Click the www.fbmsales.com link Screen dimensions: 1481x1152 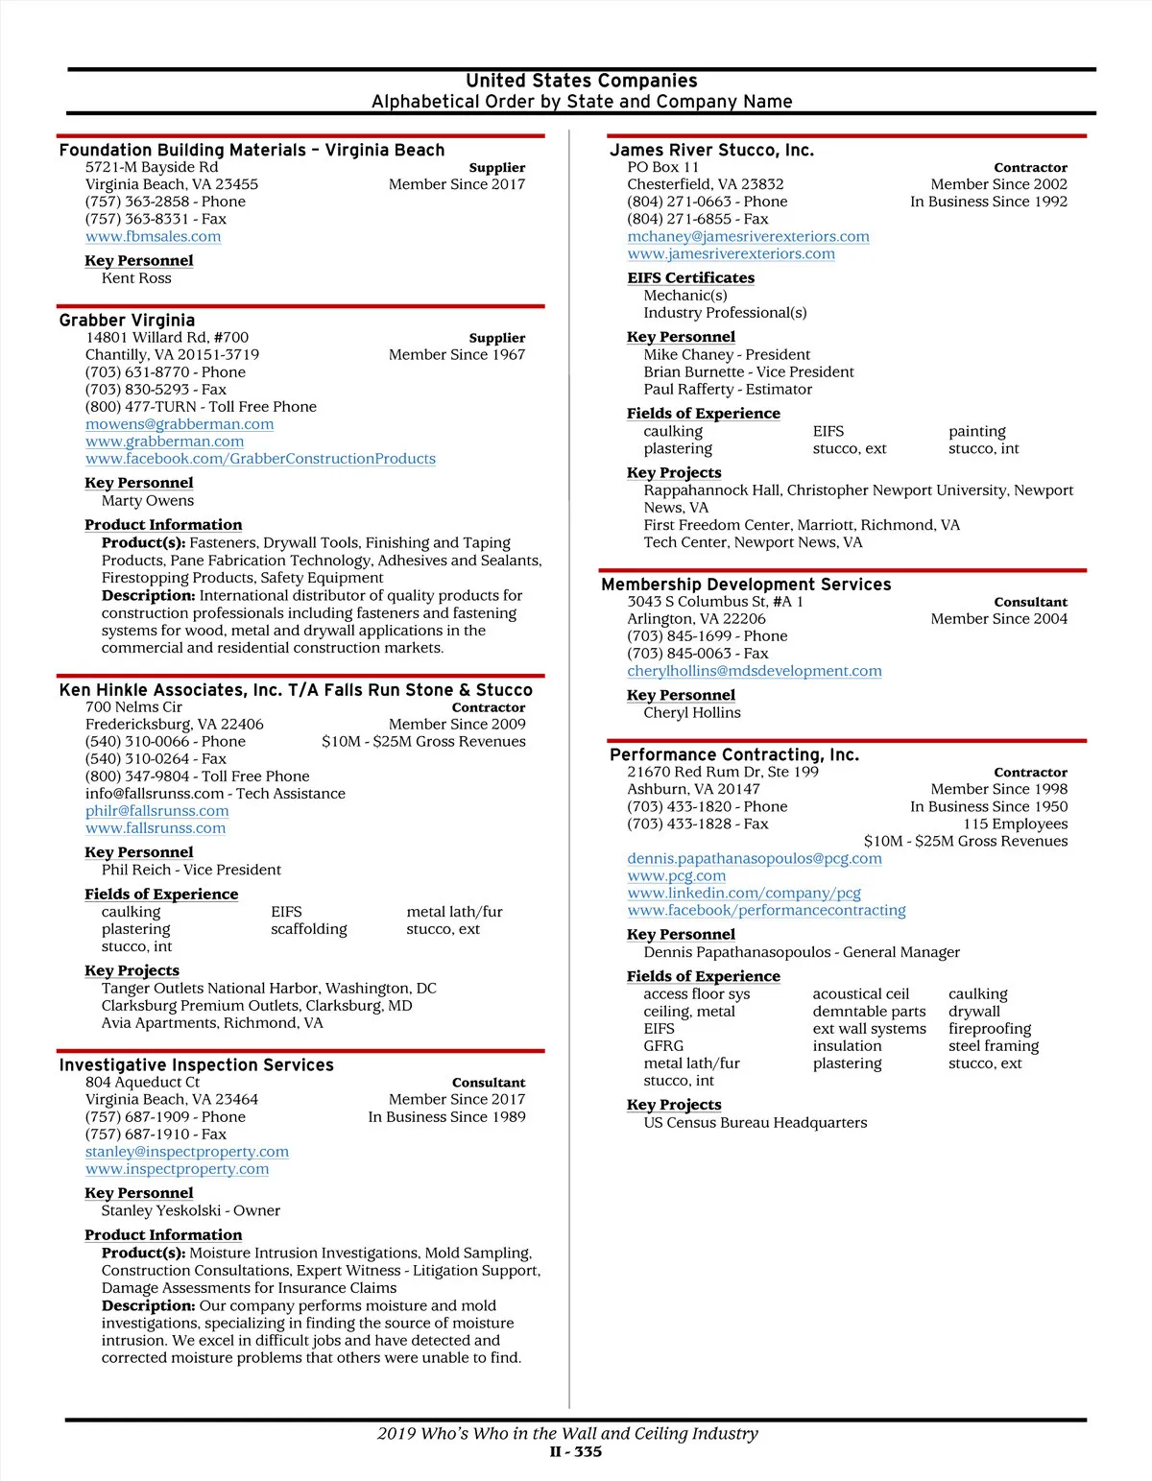pos(153,236)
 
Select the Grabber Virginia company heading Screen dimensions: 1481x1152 pos(127,320)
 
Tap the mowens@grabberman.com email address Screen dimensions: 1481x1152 pos(180,424)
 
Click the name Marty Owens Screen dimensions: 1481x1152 pos(148,500)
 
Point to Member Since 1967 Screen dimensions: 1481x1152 pos(457,354)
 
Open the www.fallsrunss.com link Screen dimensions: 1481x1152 pos(156,827)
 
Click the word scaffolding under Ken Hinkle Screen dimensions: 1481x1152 pos(308,929)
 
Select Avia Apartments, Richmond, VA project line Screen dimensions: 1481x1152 pos(212,1022)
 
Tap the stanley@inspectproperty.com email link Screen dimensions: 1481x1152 pos(187,1151)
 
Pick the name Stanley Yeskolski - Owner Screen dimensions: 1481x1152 pos(191,1210)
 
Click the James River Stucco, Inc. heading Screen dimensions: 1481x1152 pos(711,150)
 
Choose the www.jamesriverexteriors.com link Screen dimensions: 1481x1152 pos(731,253)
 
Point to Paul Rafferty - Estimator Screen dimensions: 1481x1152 pos(728,389)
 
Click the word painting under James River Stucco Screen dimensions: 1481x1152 pos(977,431)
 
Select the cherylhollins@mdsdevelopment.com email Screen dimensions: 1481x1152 pos(755,671)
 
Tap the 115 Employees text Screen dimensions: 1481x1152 pos(1015,824)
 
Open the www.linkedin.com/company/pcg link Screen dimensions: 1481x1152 pos(744,893)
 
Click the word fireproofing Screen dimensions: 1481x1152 pos(990,1028)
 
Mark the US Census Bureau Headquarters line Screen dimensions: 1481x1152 pos(756,1122)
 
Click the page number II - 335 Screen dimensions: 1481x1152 pos(576,1451)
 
